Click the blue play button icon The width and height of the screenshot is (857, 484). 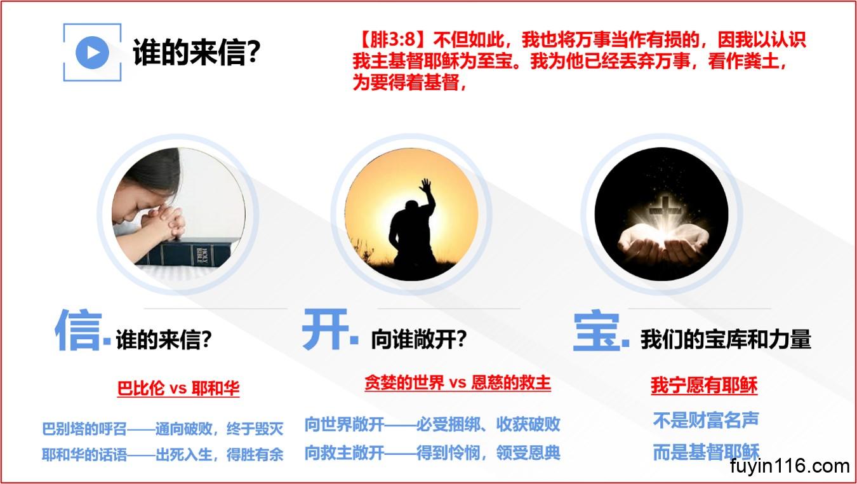[x=92, y=53]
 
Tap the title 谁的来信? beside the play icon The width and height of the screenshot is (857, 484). [x=196, y=53]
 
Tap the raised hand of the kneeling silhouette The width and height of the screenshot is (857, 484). [x=426, y=185]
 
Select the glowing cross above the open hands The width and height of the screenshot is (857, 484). [x=663, y=210]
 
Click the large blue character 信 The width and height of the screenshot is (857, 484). [x=79, y=330]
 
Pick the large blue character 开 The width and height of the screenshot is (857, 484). [x=325, y=329]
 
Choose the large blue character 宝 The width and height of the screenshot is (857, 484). [x=597, y=331]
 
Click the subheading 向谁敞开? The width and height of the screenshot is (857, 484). [x=419, y=339]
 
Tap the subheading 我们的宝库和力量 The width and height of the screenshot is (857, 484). [x=726, y=339]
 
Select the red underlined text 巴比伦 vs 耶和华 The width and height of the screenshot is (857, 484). [x=178, y=388]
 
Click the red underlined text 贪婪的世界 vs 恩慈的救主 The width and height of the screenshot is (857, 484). [x=458, y=382]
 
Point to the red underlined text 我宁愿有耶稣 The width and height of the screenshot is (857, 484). [x=704, y=385]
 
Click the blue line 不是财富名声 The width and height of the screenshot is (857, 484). [x=706, y=420]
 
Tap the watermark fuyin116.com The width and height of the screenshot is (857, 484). [x=790, y=466]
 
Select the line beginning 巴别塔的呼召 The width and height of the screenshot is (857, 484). [x=163, y=429]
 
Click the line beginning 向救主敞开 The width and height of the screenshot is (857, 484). [x=432, y=453]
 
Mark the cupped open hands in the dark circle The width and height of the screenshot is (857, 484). [x=663, y=245]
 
